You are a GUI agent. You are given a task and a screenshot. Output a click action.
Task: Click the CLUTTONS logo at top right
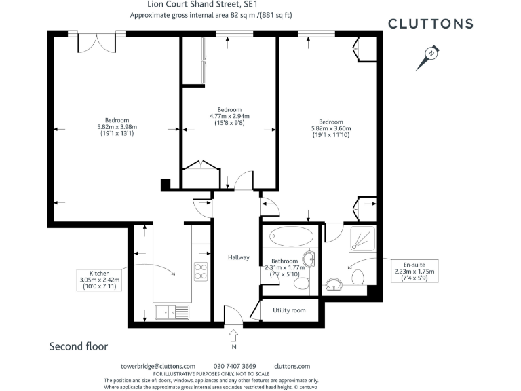coord(430,24)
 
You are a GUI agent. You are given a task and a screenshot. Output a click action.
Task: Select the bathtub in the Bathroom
coord(292,238)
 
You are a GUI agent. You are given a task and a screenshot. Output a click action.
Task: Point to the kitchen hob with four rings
coord(201,272)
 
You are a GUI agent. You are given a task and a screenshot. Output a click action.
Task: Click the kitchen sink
coord(172,312)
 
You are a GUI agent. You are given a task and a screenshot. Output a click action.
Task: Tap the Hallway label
coord(239,257)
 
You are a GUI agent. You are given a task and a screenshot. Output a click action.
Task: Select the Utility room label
coord(289,310)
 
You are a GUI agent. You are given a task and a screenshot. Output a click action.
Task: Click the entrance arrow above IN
coord(234,335)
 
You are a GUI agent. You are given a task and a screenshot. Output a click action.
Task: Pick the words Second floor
coord(79,346)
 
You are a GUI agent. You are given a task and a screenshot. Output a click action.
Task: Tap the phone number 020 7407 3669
coord(235,366)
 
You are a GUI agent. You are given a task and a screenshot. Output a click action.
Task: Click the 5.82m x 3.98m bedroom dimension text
coord(117,127)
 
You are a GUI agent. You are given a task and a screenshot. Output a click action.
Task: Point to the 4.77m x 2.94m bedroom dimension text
coord(229,116)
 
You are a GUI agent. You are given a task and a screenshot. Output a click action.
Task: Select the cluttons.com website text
coord(292,366)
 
